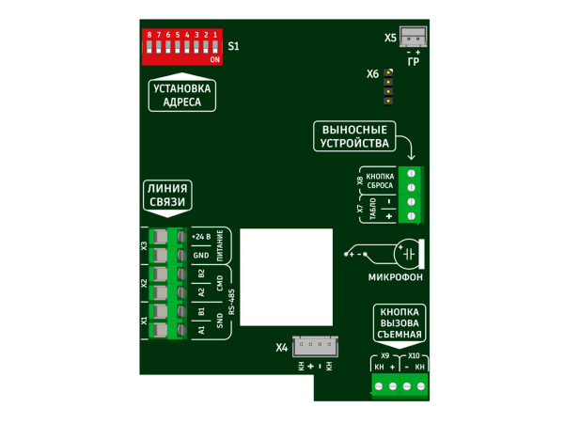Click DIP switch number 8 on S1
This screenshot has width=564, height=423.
[149, 47]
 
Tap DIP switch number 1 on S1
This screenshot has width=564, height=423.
[215, 47]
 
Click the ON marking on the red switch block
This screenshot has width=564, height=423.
[214, 60]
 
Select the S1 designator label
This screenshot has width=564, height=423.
[233, 46]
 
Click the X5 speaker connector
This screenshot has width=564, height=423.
[414, 37]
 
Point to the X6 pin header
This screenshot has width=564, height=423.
[388, 87]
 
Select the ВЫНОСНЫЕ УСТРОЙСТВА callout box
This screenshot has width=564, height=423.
[354, 136]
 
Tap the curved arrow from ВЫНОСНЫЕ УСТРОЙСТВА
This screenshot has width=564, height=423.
[409, 143]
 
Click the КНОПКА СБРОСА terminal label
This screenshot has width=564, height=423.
[380, 180]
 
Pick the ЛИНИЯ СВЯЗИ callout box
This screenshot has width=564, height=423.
[167, 197]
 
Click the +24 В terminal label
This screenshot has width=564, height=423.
[201, 237]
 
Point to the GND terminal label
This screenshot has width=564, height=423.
[201, 256]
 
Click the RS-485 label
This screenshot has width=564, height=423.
[231, 302]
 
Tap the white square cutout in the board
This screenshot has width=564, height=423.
[287, 277]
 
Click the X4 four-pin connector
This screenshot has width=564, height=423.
[315, 346]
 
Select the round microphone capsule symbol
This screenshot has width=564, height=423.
[407, 254]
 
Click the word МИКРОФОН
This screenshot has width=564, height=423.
[396, 277]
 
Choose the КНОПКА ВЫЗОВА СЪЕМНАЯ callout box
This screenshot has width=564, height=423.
[399, 325]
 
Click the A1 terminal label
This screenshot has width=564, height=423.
[201, 330]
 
